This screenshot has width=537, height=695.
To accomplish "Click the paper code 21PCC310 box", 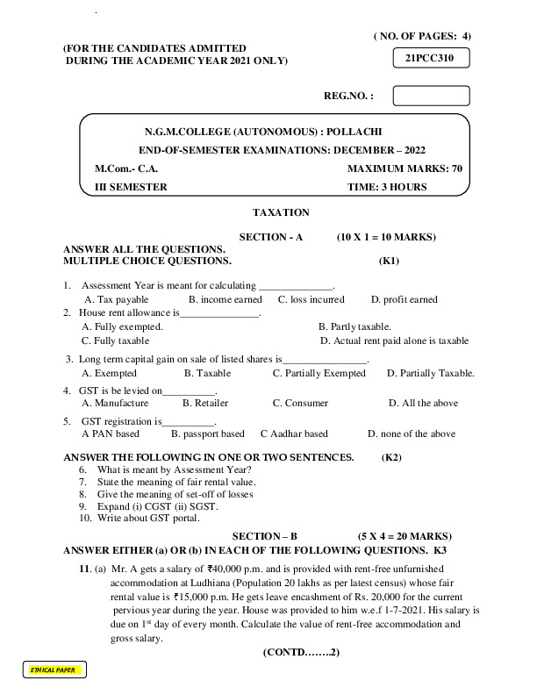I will click(431, 58).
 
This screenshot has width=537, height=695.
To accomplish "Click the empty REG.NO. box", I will click(431, 95).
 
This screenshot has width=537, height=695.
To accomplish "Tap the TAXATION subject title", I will click(281, 212).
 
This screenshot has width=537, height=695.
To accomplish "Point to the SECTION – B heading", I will click(265, 534).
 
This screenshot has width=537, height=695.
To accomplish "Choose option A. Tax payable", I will click(117, 299).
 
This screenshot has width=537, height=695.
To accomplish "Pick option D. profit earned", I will click(404, 299).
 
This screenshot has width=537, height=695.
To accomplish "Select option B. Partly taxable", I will click(354, 326).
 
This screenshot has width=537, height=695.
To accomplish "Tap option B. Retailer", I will click(205, 403).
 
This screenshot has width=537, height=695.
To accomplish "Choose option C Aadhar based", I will click(294, 433).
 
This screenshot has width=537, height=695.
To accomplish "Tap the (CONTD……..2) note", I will click(300, 654).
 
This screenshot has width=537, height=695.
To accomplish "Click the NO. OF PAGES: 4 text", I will click(422, 36).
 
